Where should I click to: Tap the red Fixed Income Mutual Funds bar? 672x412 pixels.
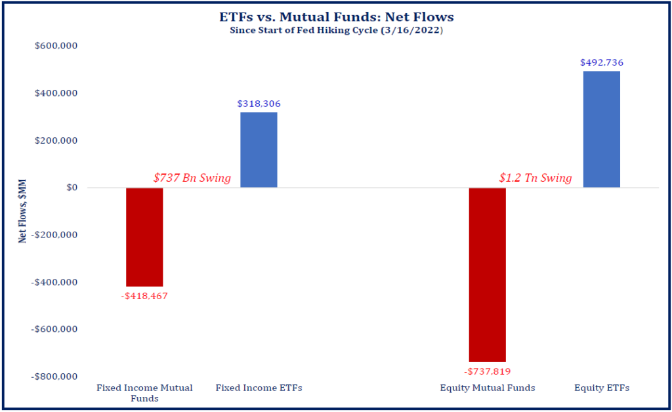click(x=144, y=237)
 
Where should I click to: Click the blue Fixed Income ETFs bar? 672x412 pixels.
click(x=259, y=150)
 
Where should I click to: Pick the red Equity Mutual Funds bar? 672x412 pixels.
click(x=488, y=274)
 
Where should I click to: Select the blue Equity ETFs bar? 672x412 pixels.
click(x=602, y=129)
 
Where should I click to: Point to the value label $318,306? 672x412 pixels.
click(x=259, y=104)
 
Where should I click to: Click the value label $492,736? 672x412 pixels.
click(x=602, y=62)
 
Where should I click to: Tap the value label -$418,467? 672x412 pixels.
click(x=144, y=296)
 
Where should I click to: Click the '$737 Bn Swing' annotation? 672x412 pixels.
click(x=192, y=178)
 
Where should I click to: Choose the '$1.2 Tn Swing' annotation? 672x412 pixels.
click(x=535, y=178)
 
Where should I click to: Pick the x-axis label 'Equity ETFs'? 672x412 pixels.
click(x=602, y=388)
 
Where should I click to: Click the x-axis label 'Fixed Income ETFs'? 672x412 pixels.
click(x=259, y=388)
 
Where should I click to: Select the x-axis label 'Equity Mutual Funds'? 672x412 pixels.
click(x=488, y=388)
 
